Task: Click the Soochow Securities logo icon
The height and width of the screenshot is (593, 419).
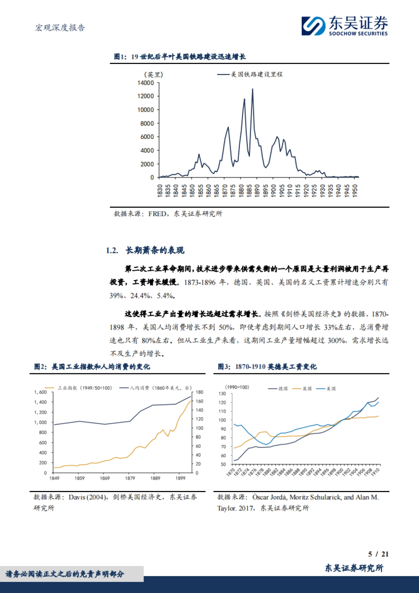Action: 314,26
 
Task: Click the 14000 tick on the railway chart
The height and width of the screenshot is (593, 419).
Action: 146,83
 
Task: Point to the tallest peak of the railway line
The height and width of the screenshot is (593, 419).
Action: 252,89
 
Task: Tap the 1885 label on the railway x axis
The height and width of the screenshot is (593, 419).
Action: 249,191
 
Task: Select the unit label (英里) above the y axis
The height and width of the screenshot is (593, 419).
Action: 153,74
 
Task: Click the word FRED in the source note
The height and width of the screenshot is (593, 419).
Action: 157,214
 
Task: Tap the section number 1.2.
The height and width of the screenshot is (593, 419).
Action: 112,250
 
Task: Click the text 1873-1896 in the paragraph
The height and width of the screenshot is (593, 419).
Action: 200,282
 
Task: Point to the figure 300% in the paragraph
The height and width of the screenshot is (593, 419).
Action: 336,341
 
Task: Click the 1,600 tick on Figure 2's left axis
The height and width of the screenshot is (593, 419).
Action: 41,392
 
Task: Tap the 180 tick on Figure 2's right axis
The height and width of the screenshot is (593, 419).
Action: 199,392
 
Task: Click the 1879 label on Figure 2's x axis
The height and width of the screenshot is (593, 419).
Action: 130,478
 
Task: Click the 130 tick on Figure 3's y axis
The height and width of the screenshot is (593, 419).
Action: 222,394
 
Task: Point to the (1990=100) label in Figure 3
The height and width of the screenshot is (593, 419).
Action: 237,387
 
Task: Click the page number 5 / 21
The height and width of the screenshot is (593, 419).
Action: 378,554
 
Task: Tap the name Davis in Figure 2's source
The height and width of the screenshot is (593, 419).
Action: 76,497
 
